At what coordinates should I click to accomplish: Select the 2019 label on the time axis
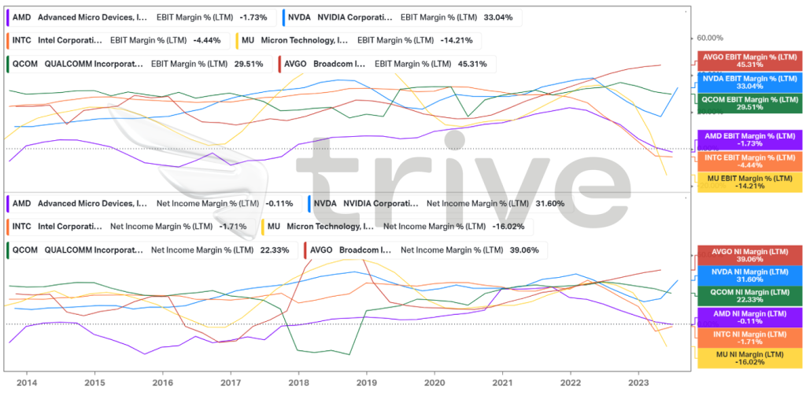click(365, 383)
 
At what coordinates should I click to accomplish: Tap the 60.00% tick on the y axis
click(710, 37)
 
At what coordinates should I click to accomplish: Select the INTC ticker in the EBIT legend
click(22, 40)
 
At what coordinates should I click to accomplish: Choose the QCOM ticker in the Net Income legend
click(24, 251)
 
